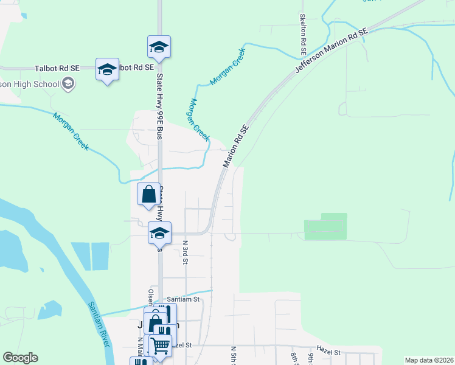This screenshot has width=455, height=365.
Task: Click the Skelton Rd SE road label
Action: pyautogui.click(x=302, y=34)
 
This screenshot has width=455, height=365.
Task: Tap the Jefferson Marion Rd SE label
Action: pyautogui.click(x=332, y=51)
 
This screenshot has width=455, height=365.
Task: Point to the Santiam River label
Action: pyautogui.click(x=99, y=324)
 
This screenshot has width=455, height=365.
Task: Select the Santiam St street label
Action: pyautogui.click(x=183, y=299)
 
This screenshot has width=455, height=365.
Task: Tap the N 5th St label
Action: pyautogui.click(x=234, y=355)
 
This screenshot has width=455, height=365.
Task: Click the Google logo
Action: pyautogui.click(x=20, y=358)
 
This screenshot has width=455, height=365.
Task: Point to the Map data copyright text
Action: pyautogui.click(x=429, y=360)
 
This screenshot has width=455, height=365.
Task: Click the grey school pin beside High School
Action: pyautogui.click(x=68, y=83)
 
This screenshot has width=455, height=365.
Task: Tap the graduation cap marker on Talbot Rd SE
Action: pyautogui.click(x=107, y=69)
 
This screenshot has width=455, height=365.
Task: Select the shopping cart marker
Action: pyautogui.click(x=161, y=345)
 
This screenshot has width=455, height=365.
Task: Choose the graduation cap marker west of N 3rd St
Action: pyautogui.click(x=160, y=233)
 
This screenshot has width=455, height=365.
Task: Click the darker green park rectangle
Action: pyautogui.click(x=325, y=226)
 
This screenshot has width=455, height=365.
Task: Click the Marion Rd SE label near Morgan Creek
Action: pyautogui.click(x=237, y=146)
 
